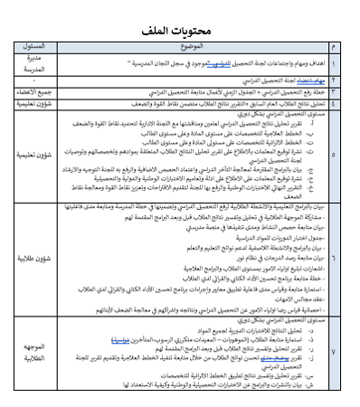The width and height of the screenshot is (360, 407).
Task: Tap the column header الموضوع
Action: pyautogui.click(x=189, y=43)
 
